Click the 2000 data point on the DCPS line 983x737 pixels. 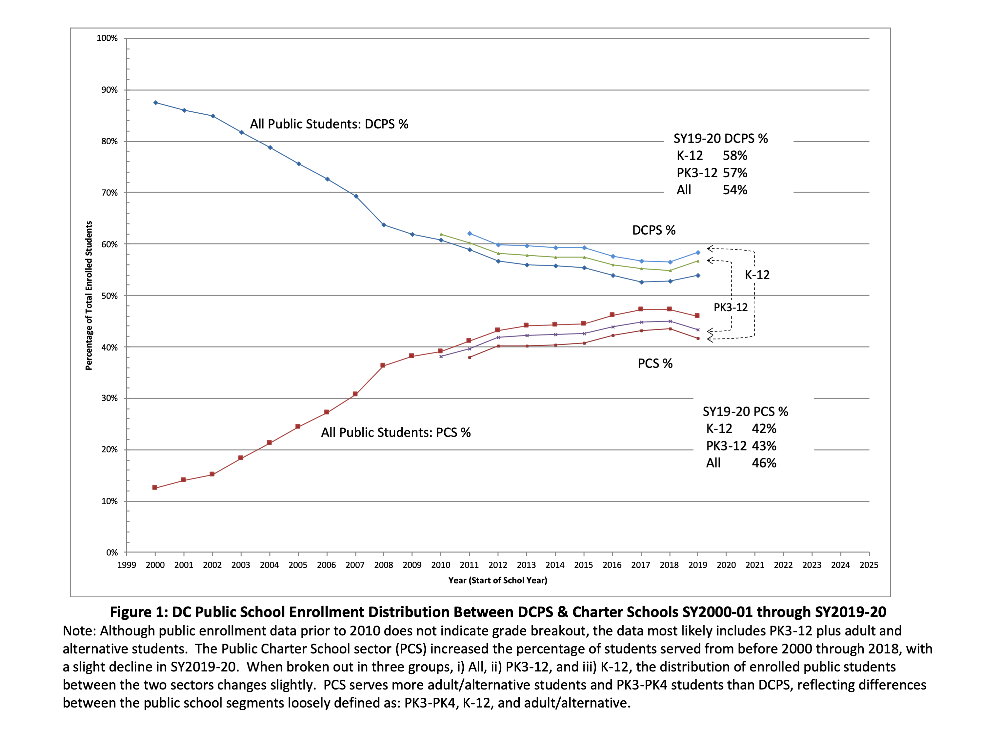coord(155,103)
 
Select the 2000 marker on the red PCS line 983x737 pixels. coord(155,487)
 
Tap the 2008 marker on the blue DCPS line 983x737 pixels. coord(384,225)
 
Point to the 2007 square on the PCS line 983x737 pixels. coord(355,394)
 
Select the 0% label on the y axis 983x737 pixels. coord(111,553)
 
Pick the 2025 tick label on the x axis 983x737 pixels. coord(869,565)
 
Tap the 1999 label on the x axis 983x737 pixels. coord(127,565)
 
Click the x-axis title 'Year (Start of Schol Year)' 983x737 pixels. coord(498,580)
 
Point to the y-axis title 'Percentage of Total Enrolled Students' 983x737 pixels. coord(89,295)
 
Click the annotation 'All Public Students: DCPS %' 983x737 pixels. coord(329,124)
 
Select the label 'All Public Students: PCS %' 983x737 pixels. coord(395,432)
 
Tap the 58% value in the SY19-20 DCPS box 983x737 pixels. coord(735,155)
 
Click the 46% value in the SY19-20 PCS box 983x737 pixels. coord(764,463)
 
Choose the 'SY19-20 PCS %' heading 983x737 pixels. coord(745,411)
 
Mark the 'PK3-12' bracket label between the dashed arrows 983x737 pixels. coord(731,307)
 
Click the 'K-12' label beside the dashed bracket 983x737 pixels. coord(757,275)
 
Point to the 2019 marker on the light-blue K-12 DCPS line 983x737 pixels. coord(698,253)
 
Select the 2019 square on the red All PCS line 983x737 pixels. coord(697,316)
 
